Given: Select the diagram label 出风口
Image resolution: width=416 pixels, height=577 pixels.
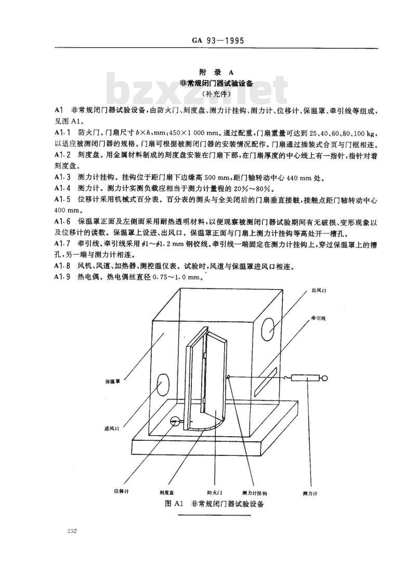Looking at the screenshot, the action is pyautogui.click(x=319, y=291).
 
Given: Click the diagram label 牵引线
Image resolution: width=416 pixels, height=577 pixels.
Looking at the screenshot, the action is pyautogui.click(x=319, y=318).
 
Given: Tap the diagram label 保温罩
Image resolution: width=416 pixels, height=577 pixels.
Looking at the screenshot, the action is pyautogui.click(x=113, y=382).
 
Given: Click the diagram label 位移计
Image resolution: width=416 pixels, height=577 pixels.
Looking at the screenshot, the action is pyautogui.click(x=122, y=491).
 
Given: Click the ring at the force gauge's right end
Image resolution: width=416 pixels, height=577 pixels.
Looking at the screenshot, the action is pyautogui.click(x=324, y=378).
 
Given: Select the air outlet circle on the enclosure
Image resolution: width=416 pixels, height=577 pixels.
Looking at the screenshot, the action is pyautogui.click(x=268, y=328).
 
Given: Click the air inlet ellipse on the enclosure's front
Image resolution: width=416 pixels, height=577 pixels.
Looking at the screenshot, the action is pyautogui.click(x=162, y=385).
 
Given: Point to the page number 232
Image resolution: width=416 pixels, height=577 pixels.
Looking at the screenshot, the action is pyautogui.click(x=72, y=531).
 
